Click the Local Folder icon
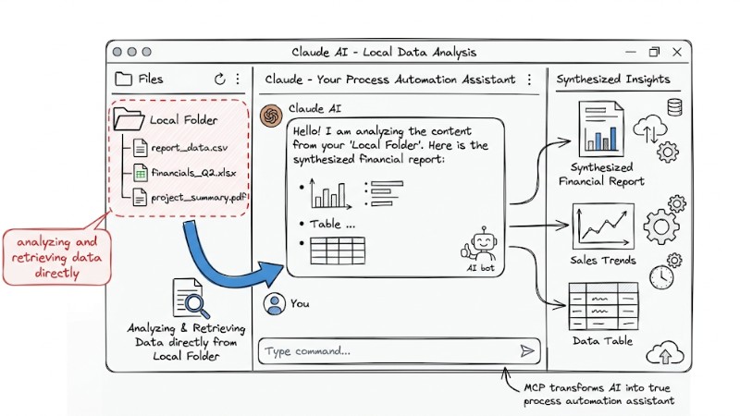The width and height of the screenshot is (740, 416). tap(129, 119)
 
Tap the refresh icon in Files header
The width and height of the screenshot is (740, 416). tap(219, 80)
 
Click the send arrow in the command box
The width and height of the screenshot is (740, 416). tap(527, 351)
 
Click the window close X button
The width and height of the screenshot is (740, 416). tap(677, 52)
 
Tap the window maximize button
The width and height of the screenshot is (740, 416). tap(655, 52)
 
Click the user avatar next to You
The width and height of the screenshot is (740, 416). tap(273, 303)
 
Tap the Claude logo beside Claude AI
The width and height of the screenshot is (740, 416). tap(271, 116)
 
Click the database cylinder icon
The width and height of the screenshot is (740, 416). tap(673, 107)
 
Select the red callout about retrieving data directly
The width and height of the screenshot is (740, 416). tap(57, 256)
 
